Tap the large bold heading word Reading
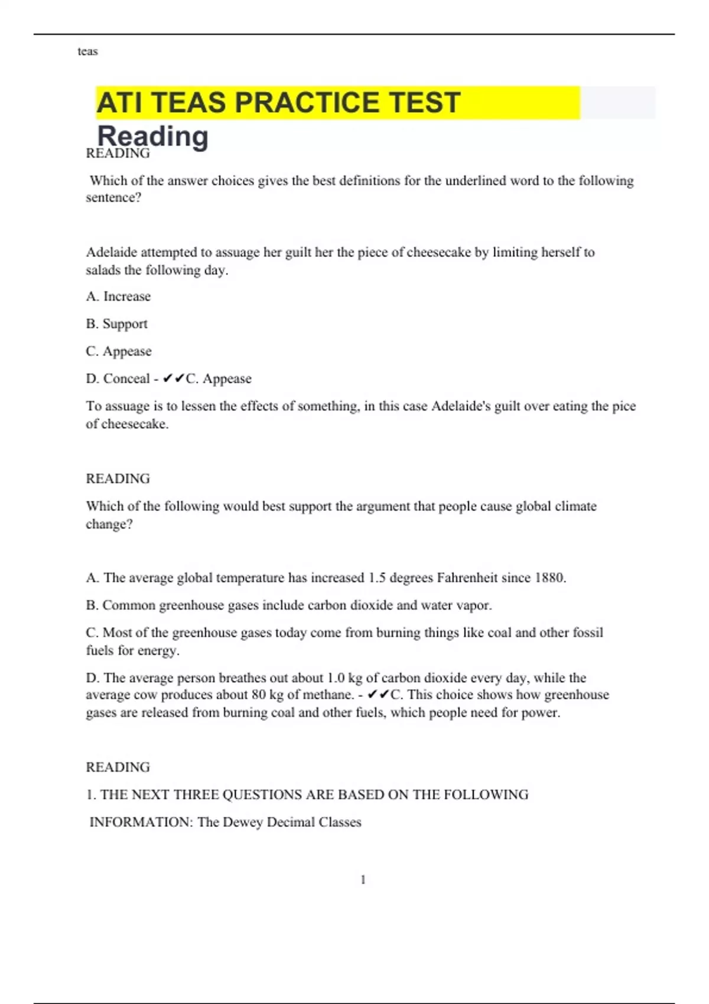click(x=152, y=136)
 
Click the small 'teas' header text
click(x=87, y=51)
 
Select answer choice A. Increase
click(x=118, y=296)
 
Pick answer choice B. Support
click(x=117, y=324)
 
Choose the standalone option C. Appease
click(x=119, y=351)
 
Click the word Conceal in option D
click(x=126, y=379)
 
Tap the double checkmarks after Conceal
click(x=174, y=379)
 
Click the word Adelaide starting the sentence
click(x=111, y=253)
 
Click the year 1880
click(x=549, y=578)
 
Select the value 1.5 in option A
click(x=377, y=578)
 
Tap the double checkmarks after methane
click(x=378, y=695)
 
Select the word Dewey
click(x=243, y=822)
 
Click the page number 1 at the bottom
click(x=363, y=880)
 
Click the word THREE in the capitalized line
click(x=196, y=795)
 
